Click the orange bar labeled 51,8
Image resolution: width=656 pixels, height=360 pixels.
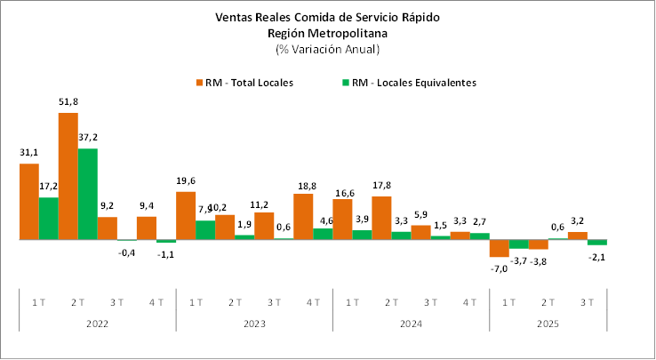click(68, 176)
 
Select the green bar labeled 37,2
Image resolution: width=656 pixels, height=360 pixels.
click(87, 194)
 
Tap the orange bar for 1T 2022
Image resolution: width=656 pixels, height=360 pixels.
click(28, 202)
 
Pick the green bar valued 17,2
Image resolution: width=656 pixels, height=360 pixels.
click(48, 218)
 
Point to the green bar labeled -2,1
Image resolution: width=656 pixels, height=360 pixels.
click(597, 243)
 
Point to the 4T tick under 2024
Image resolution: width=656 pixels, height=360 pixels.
click(469, 302)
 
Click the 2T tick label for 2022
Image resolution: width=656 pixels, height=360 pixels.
click(78, 302)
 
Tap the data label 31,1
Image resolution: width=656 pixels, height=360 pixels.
click(28, 153)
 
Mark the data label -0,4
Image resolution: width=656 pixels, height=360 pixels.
click(126, 252)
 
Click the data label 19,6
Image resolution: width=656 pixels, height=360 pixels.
click(185, 180)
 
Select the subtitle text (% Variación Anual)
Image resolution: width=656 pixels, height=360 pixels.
click(327, 48)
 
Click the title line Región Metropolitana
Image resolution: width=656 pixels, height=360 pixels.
click(327, 32)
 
